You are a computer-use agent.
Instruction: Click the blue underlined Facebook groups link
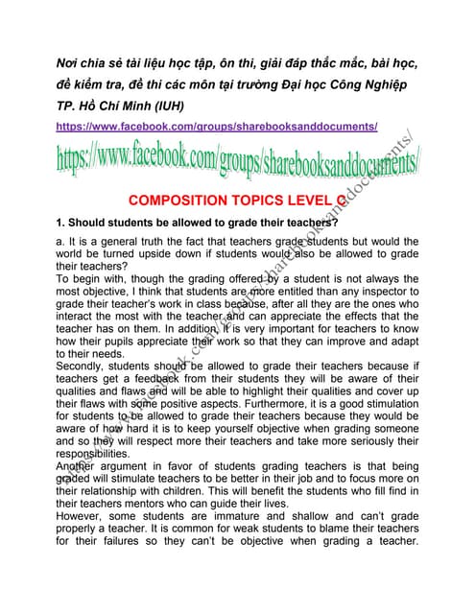pyautogui.click(x=216, y=126)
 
